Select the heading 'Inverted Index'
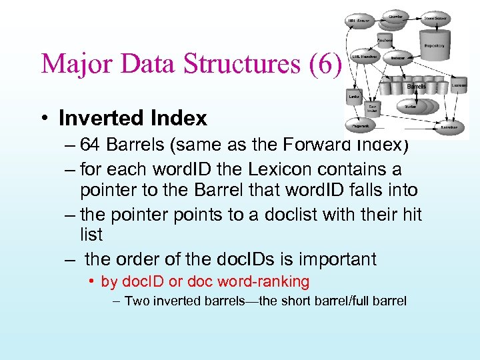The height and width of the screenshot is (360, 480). coord(133,118)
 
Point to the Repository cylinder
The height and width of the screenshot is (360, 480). coord(439,47)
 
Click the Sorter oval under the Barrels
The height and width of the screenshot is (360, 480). coord(409,105)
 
